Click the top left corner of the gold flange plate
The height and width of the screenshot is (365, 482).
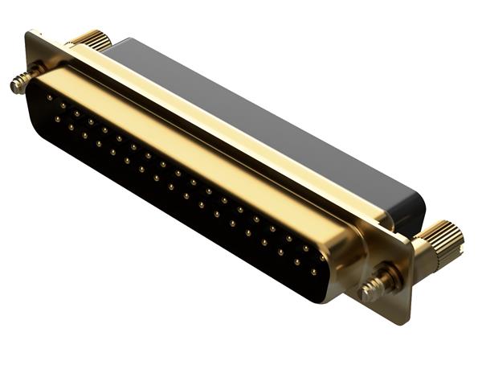(31, 34)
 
